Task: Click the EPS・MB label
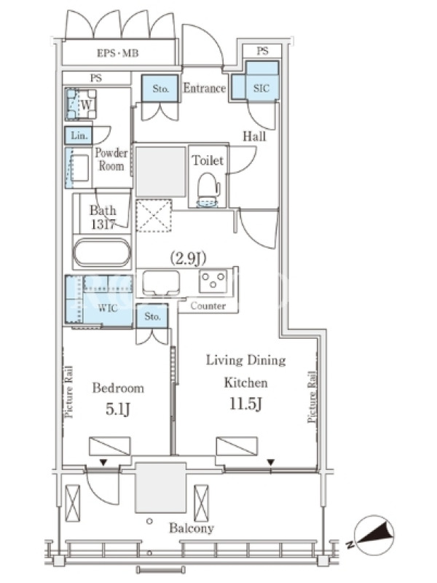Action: coord(118,53)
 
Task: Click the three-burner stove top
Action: coord(213,281)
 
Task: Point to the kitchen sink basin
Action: coord(161,283)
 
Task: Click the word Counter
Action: coord(208,305)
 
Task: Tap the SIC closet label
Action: coord(261,88)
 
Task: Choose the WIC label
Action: coord(108,308)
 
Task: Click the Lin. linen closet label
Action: coord(79,136)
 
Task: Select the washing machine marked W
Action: coord(81,104)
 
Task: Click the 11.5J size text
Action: coord(245,404)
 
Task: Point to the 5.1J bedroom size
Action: coord(118,409)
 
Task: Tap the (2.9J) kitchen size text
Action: coord(188,258)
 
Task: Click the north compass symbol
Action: coord(374,536)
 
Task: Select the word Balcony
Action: coord(192,528)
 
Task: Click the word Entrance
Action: coord(205,88)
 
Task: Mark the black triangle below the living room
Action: coord(271,463)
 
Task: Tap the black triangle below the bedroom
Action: coord(103,463)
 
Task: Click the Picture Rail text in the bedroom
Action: coord(68,392)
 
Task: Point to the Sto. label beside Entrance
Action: coord(160,88)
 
